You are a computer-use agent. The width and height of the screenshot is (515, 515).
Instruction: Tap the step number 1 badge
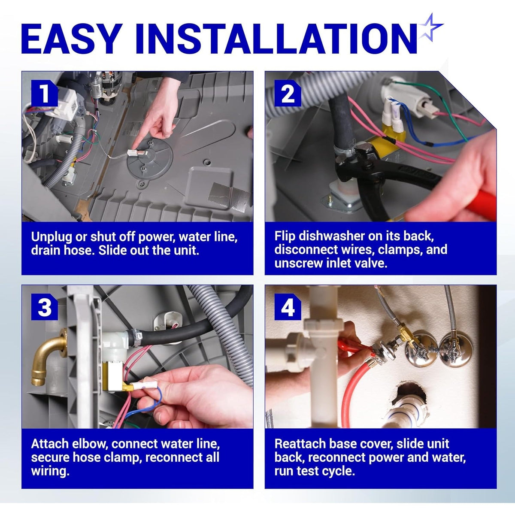44,93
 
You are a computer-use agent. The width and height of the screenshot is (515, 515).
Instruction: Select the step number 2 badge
288,93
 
